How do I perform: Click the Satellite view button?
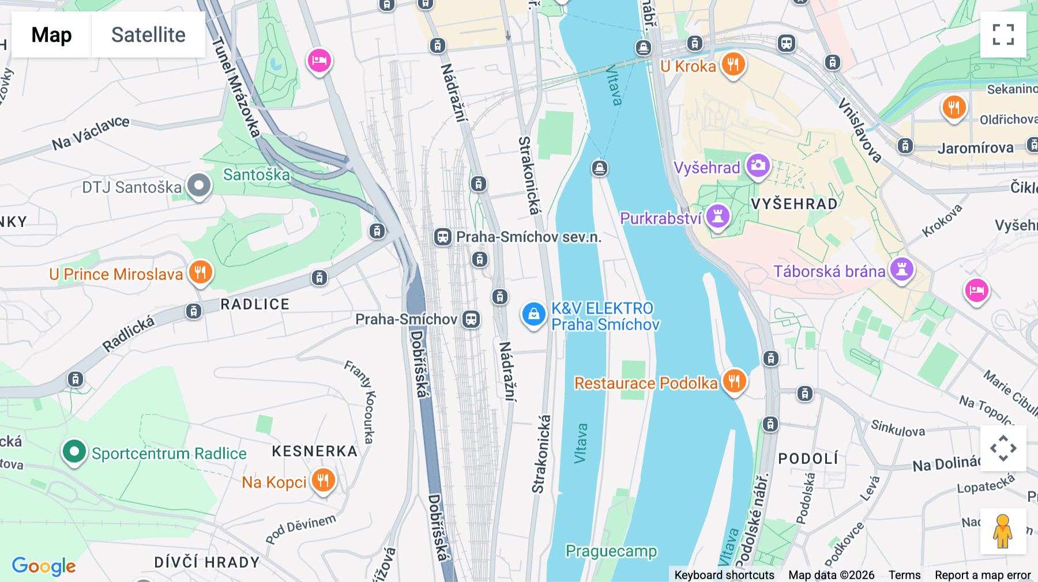(x=148, y=35)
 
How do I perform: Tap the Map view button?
(x=51, y=35)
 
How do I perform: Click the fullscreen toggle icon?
(x=1003, y=35)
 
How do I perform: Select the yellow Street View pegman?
(x=1003, y=531)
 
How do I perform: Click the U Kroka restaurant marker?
(x=733, y=65)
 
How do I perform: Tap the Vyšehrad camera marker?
(x=758, y=166)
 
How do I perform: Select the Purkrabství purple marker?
(x=718, y=217)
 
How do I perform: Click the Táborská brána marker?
(x=901, y=270)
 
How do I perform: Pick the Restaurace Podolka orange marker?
(x=734, y=381)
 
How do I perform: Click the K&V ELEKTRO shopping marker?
(x=533, y=315)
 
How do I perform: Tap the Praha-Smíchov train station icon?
(x=471, y=319)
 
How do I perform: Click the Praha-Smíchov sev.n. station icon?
(x=442, y=237)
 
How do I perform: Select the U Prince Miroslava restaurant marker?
(x=200, y=273)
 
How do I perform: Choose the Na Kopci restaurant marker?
(x=323, y=480)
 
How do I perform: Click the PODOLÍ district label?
(x=808, y=459)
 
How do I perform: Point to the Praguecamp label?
(x=611, y=551)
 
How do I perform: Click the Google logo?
(x=44, y=566)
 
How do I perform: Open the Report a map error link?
(x=983, y=575)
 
